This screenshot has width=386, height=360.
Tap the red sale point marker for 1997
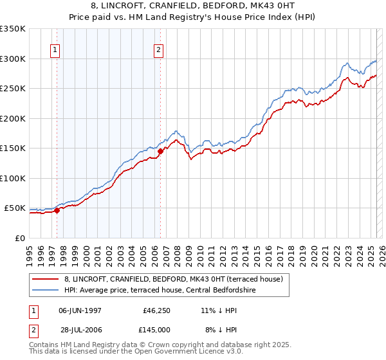(x=57, y=210)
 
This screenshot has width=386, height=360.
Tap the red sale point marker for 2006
(x=160, y=151)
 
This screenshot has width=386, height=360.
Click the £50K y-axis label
(x=15, y=208)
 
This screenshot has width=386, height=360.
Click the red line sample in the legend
(x=44, y=279)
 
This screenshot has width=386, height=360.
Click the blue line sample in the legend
(x=44, y=290)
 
